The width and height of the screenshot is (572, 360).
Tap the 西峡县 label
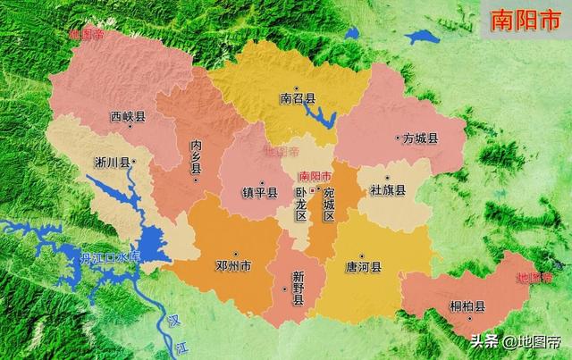pyautogui.click(x=128, y=115)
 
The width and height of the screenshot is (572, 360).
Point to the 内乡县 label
pyautogui.click(x=196, y=157)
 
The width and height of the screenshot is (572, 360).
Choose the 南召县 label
pyautogui.click(x=298, y=99)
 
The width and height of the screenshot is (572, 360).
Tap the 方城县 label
pyautogui.click(x=421, y=138)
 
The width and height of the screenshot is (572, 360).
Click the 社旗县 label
pyautogui.click(x=388, y=190)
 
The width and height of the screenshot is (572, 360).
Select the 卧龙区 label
pyautogui.click(x=301, y=205)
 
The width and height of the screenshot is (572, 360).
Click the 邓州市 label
pyautogui.click(x=234, y=265)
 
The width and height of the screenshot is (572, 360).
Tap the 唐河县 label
pyautogui.click(x=363, y=265)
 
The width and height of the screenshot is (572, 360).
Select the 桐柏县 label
pyautogui.click(x=467, y=306)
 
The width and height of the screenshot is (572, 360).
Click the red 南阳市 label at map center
pyautogui.click(x=315, y=175)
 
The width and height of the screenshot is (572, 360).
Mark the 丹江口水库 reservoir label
pyautogui.click(x=111, y=257)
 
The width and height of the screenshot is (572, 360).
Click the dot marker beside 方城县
pyautogui.click(x=399, y=138)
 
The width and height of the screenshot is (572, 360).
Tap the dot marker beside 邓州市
pyautogui.click(x=235, y=253)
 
